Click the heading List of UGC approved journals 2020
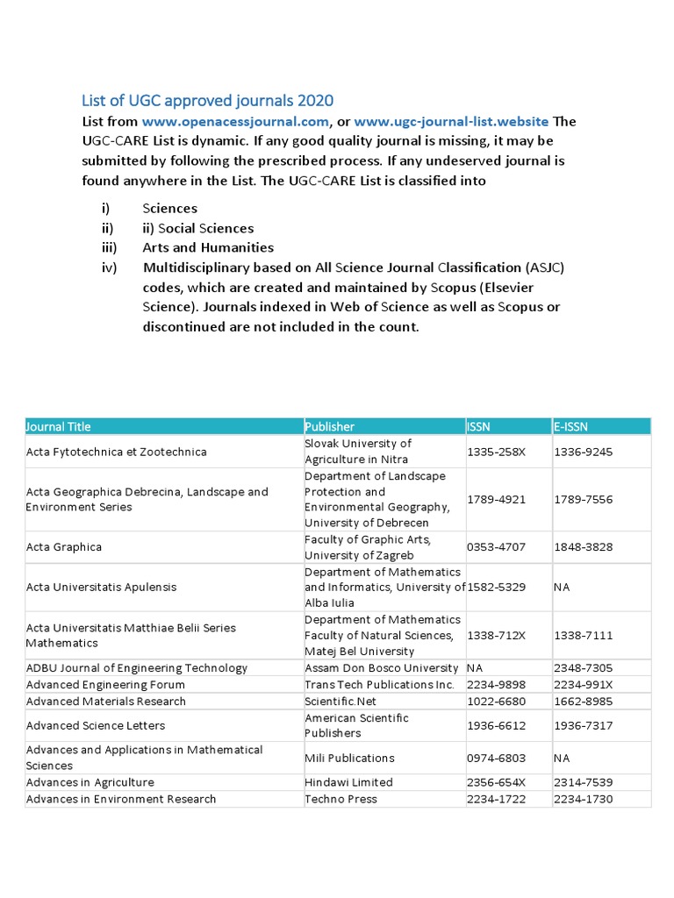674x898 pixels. coord(207,100)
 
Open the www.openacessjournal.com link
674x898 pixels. coord(235,121)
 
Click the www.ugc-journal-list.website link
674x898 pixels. coord(451,121)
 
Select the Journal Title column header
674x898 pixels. coord(59,426)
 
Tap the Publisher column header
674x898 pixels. coord(329,426)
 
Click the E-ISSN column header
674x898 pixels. coord(570,426)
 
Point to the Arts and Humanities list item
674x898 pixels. coord(208,247)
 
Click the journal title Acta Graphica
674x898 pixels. coord(64,547)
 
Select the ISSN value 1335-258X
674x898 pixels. coord(496,452)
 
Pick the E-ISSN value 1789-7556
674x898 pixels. coord(583,499)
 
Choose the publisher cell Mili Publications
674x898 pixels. coord(349,758)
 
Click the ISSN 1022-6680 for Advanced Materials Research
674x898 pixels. coord(496,701)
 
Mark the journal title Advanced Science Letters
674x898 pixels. coord(96,725)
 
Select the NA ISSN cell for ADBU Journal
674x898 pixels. coord(475,668)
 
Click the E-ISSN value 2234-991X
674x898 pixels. coord(583,685)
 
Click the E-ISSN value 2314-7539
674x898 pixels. coord(583,782)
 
